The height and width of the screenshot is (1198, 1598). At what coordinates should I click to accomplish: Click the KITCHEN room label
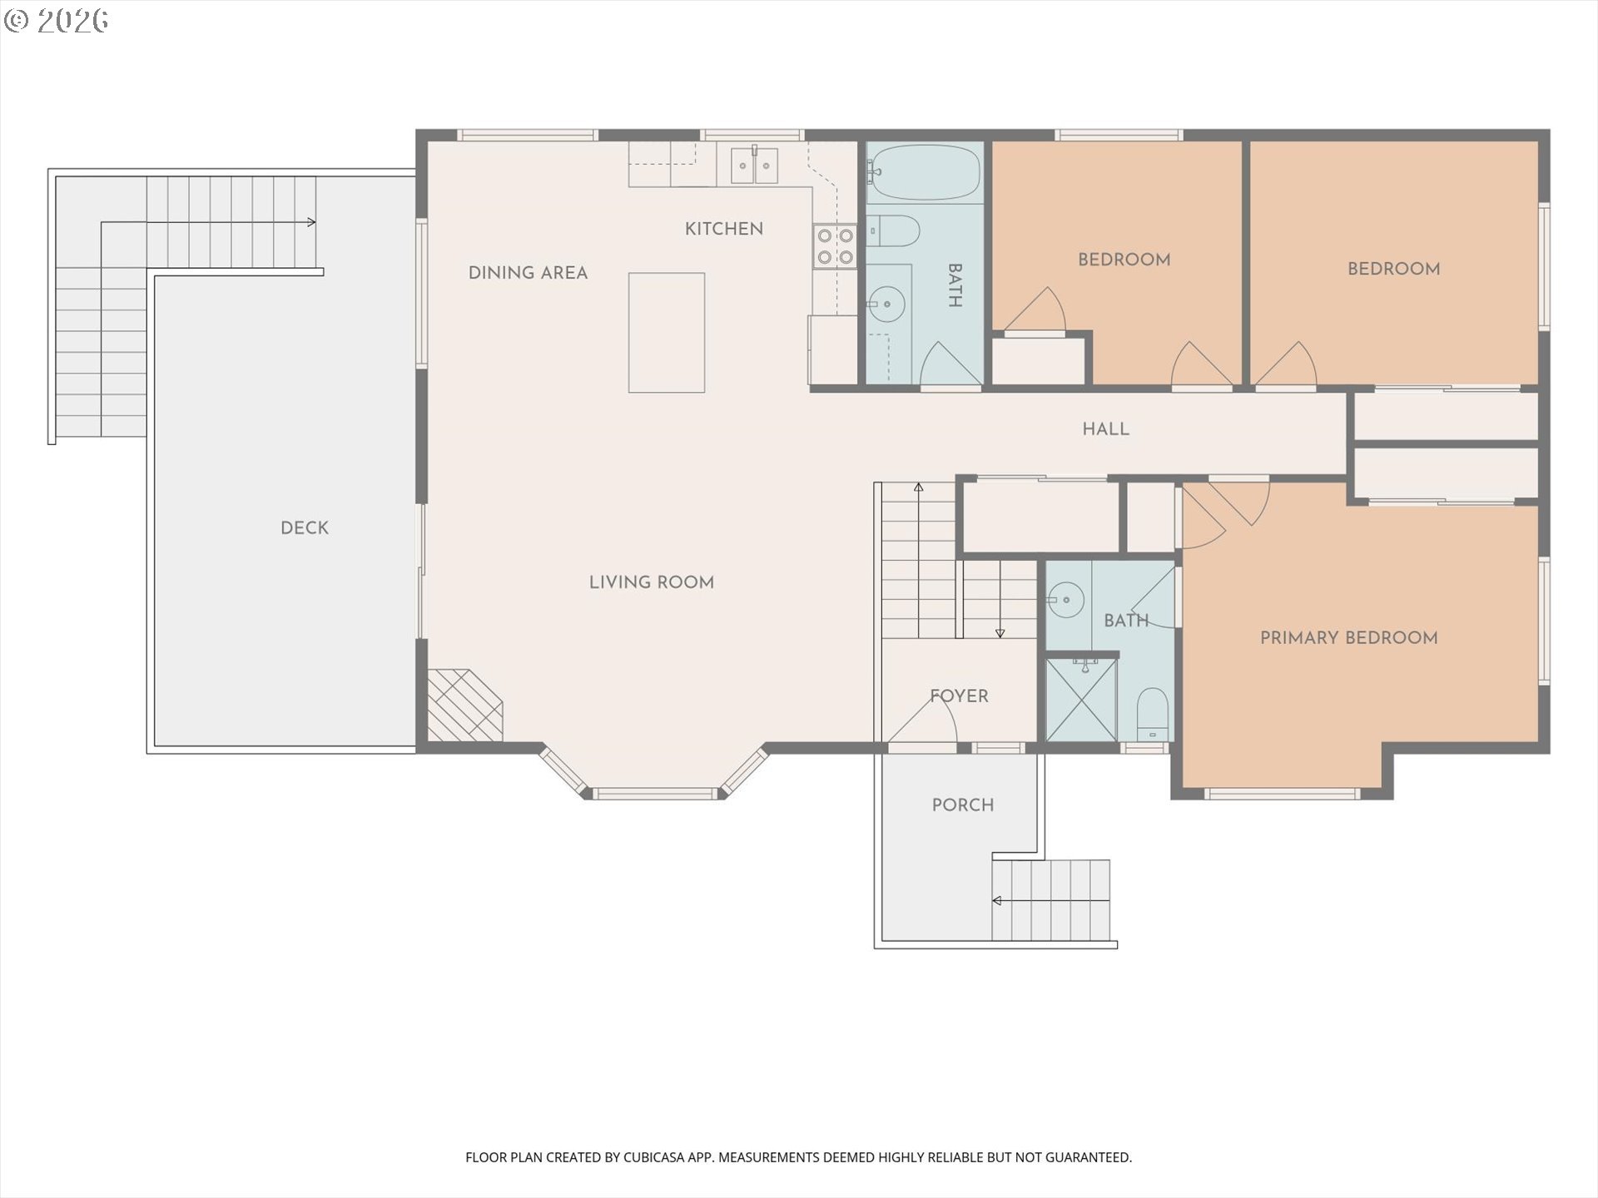pos(723,229)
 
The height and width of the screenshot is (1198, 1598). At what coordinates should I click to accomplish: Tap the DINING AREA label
pos(528,273)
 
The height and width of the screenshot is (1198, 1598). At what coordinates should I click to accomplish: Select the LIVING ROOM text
pos(652,582)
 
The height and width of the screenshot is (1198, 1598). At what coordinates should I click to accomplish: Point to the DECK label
pos(305,527)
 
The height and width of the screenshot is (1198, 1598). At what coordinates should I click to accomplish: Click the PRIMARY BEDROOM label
pos(1348,638)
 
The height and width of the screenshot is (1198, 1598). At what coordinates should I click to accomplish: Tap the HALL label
pos(1105,429)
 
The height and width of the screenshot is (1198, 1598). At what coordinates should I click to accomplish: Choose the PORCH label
pos(963,805)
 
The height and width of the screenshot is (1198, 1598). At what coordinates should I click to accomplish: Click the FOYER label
pos(959,696)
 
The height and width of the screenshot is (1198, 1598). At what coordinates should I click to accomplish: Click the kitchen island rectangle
pos(667,333)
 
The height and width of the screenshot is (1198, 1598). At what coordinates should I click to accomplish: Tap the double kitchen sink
pos(755,166)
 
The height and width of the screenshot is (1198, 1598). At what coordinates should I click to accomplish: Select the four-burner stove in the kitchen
pos(835,247)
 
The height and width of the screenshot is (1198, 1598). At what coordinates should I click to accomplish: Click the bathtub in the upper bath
pos(924,173)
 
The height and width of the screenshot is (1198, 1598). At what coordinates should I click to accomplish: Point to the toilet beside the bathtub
pos(892,231)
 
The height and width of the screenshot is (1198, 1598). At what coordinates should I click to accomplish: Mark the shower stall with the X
pos(1081,699)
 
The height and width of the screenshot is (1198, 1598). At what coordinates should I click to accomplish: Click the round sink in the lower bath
pos(1065,600)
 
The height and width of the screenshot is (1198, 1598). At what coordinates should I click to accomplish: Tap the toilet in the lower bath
pos(1153,714)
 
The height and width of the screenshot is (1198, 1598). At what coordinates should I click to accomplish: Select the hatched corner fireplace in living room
pos(464,705)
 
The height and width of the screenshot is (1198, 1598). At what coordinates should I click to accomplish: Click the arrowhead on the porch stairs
pos(996,900)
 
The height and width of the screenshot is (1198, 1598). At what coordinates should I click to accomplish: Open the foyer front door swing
pos(924,719)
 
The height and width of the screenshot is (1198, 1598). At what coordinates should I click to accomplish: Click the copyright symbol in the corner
pos(17,21)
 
